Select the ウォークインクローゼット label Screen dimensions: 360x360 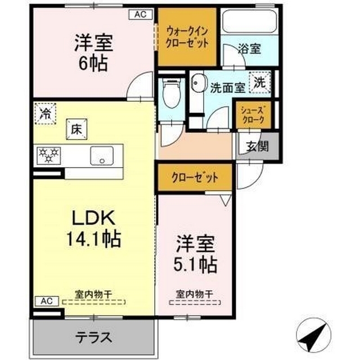pyautogui.click(x=187, y=37)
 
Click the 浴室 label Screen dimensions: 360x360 pyautogui.click(x=249, y=49)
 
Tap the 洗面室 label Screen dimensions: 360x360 pyautogui.click(x=227, y=87)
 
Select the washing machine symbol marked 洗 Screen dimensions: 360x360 pyautogui.click(x=260, y=82)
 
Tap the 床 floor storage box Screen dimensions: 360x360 pyautogui.click(x=76, y=128)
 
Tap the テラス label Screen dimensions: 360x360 pyautogui.click(x=94, y=338)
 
